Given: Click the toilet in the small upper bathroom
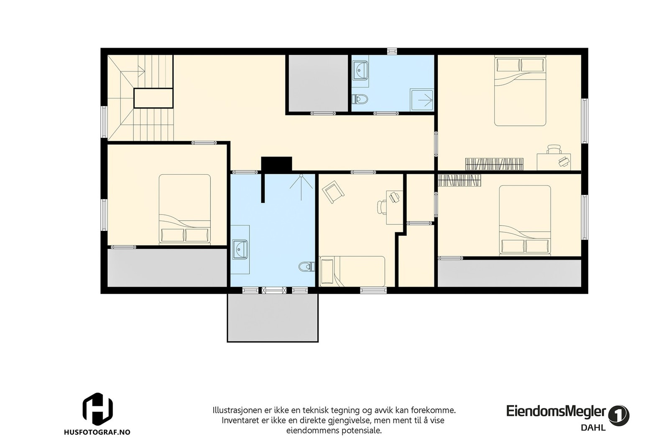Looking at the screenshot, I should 360,99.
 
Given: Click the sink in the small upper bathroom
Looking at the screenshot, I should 360,70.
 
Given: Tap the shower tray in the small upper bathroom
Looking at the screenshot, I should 422,100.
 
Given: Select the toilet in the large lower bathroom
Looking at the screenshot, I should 307,267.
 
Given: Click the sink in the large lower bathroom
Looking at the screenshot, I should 240,250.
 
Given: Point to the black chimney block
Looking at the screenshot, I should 276,164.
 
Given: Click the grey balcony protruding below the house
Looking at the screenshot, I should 273,318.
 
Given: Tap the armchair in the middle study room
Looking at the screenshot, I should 332,193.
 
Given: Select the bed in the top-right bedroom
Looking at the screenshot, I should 520,91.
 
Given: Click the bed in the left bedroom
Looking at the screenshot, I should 184,209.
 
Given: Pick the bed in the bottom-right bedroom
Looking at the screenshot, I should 525,220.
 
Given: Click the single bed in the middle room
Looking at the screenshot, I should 352,271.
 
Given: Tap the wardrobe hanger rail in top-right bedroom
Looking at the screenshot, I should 494,163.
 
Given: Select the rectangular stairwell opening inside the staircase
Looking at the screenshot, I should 153,98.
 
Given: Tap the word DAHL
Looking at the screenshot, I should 593,428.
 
